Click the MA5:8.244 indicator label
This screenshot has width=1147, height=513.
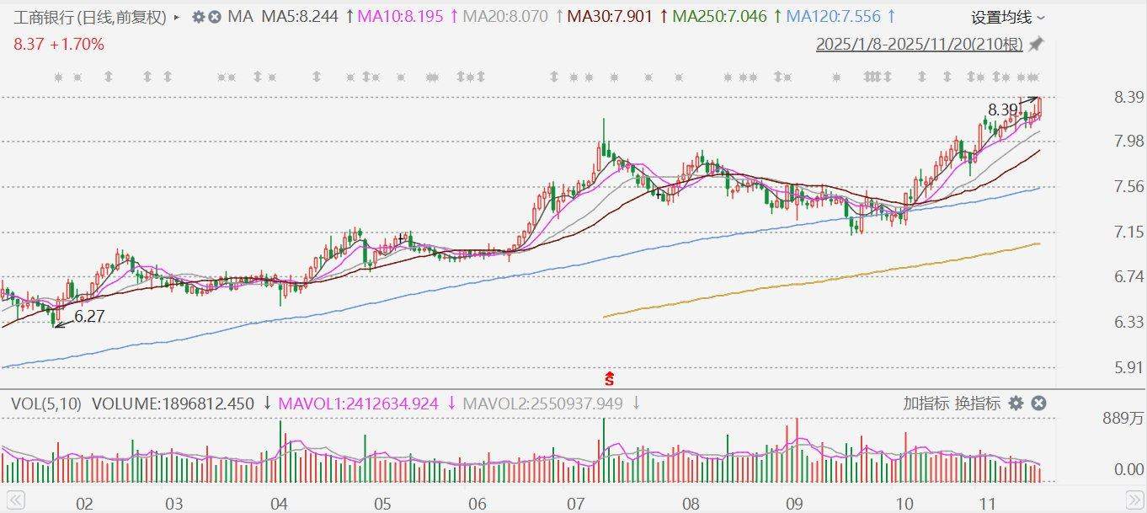[302, 16]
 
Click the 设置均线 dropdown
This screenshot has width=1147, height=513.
[1007, 17]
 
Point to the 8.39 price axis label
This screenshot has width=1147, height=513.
[1128, 97]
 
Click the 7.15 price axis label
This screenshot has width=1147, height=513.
[1128, 232]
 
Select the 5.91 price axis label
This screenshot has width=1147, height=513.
[1128, 367]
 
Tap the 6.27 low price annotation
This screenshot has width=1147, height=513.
[89, 318]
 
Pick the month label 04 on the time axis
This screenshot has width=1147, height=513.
[280, 505]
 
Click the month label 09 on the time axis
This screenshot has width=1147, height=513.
[794, 505]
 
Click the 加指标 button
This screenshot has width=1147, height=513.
[926, 403]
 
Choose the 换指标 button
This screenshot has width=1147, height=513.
[977, 403]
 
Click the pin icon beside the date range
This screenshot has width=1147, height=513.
[1037, 44]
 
